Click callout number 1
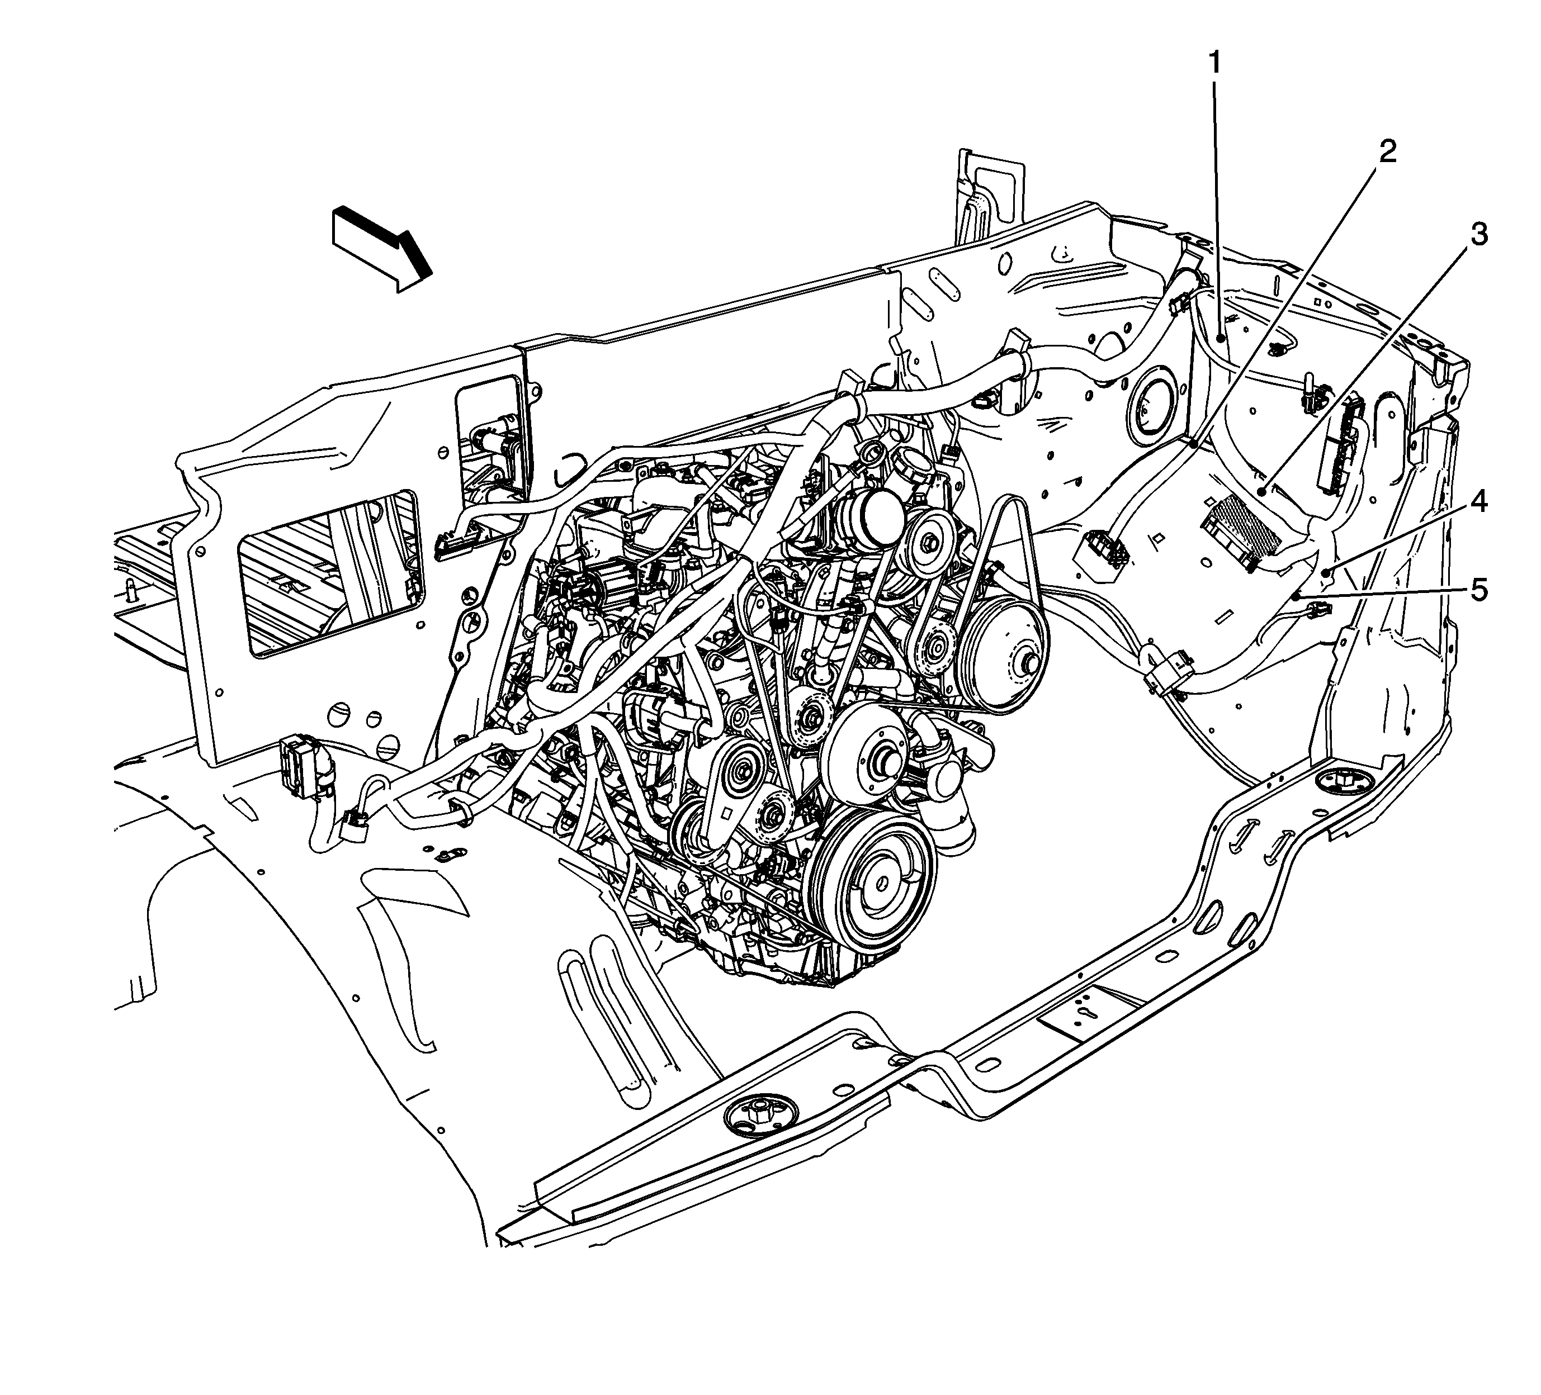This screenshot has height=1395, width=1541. coord(1214,63)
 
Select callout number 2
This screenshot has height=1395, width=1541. coord(1387,152)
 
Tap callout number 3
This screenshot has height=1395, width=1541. coord(1480,235)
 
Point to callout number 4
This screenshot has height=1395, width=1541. coord(1480,502)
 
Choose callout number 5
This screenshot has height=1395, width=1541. coord(1480,590)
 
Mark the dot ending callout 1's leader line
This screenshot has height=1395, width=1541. coord(1221,337)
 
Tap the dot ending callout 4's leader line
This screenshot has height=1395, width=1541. coord(1327,571)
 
